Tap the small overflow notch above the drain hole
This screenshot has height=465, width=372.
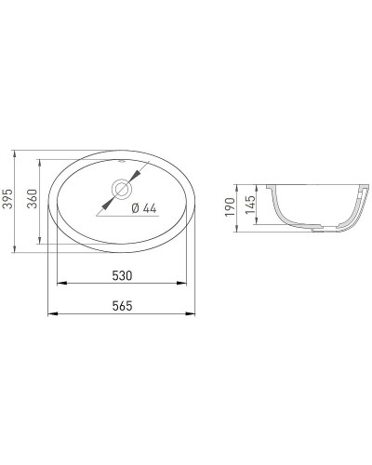(x=123, y=171)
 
